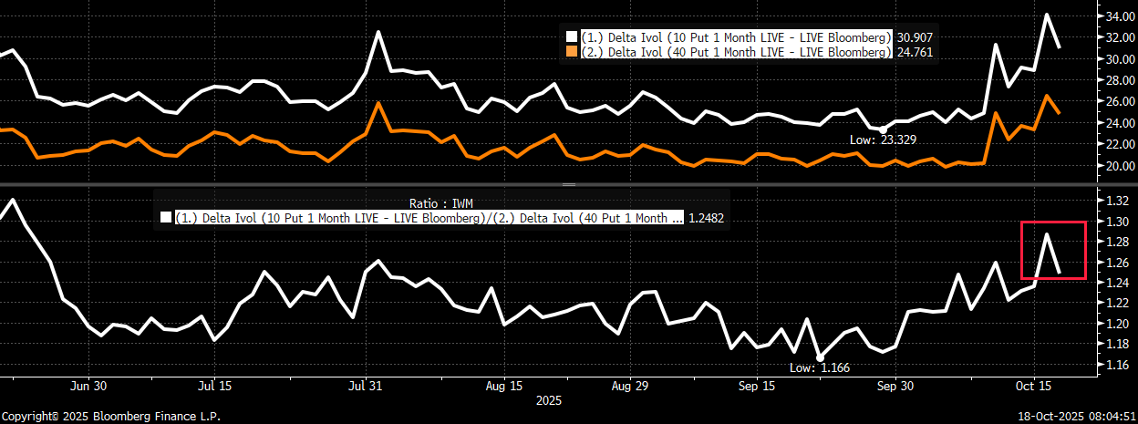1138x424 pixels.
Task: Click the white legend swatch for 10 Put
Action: tap(572, 37)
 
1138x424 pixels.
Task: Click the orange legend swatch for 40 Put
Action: tap(572, 52)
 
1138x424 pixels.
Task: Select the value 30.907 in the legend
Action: tap(915, 37)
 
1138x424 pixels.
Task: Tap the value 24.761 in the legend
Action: tap(915, 52)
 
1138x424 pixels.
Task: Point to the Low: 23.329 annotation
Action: tap(883, 140)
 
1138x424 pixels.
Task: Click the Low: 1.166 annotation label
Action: tap(820, 367)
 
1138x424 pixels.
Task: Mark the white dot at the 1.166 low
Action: tap(820, 358)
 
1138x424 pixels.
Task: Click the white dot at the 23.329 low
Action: tap(883, 130)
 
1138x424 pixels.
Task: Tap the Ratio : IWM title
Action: tap(441, 203)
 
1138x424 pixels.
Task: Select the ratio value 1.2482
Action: tap(706, 218)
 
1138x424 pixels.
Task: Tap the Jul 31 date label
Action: tap(366, 386)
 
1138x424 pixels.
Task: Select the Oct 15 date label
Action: tap(1033, 386)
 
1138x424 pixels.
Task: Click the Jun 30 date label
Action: tap(88, 386)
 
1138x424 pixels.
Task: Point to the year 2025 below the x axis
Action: tap(549, 401)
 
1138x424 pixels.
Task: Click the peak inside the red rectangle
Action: tap(1047, 234)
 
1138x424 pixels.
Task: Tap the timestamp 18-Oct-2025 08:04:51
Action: tap(1077, 417)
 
